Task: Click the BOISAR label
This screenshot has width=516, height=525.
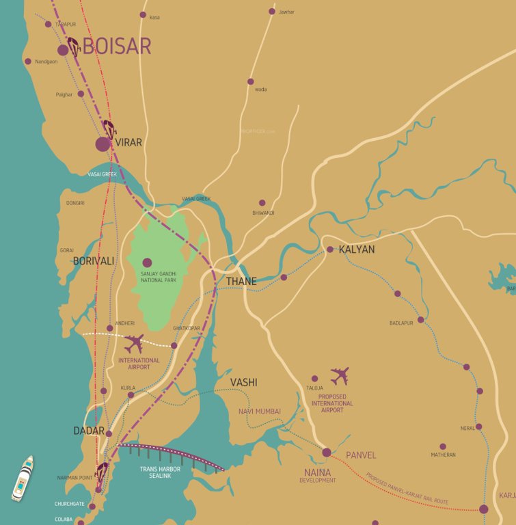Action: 116,46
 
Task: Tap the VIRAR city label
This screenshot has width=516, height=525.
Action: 128,142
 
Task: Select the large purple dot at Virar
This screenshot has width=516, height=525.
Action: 103,144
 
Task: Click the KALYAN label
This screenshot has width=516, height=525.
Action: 357,250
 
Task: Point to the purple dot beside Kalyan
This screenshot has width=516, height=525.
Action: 329,250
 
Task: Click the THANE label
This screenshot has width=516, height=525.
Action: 241,282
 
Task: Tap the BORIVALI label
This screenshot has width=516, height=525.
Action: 94,261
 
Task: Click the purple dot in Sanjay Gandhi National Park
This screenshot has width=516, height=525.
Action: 147,262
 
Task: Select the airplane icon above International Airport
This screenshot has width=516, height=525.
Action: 134,343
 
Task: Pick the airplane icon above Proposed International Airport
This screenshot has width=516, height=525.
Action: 340,376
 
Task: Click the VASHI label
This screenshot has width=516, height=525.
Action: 244,382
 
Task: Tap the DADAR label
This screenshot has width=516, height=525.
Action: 89,431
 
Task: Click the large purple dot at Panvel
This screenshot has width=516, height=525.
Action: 327,453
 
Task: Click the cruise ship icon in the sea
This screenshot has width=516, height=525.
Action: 22,478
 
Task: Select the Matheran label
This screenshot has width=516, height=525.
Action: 443,455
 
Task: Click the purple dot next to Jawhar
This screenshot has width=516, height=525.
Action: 272,11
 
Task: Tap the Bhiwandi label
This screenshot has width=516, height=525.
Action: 263,213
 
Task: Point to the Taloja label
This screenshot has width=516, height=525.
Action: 314,388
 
